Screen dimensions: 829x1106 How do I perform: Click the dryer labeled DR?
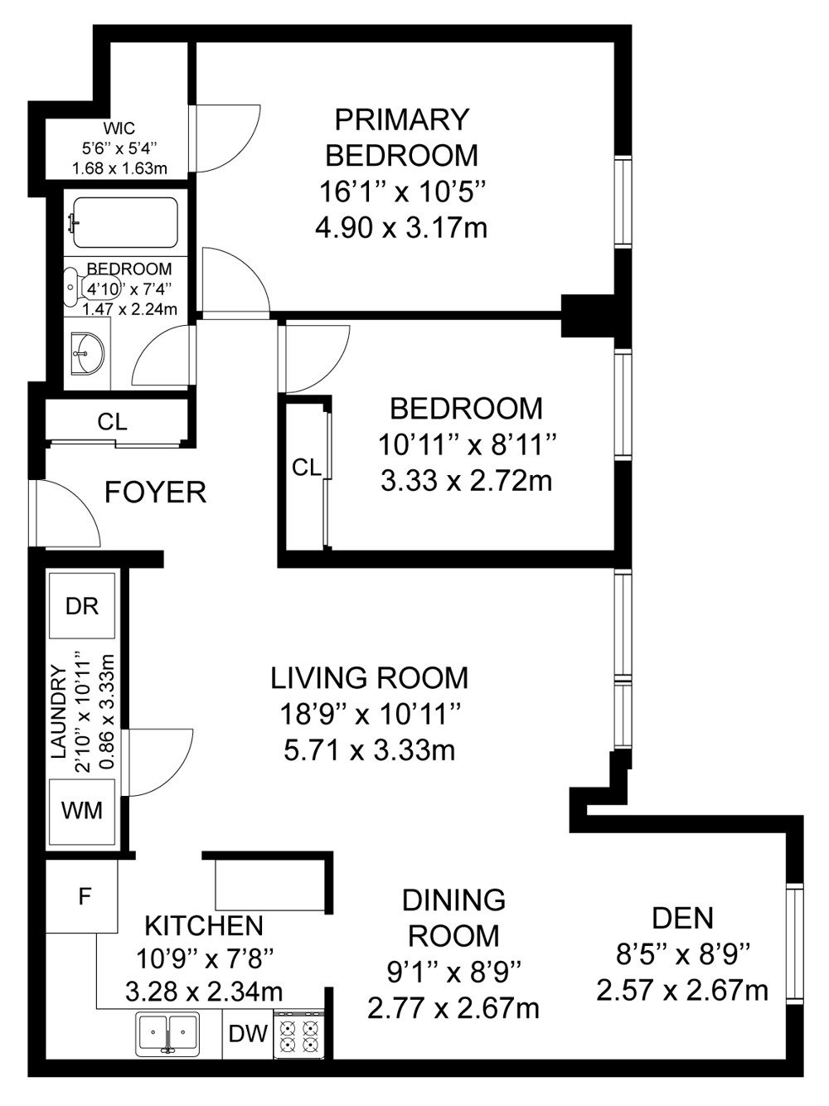coord(82,606)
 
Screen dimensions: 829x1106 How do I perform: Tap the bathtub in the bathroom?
coord(125,222)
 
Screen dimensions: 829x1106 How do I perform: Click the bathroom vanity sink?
coord(86,352)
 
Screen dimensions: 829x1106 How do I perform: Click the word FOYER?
coord(156,492)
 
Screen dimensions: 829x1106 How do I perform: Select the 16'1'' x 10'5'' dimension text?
coord(402,192)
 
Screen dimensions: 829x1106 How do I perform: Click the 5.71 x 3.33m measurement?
coord(370,750)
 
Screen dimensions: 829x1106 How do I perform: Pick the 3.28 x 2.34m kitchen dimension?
coord(204,992)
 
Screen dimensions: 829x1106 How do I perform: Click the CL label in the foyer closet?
coord(112,422)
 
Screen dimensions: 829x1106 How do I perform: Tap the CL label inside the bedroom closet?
coord(306,468)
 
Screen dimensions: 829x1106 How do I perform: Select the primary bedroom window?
coord(623,202)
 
